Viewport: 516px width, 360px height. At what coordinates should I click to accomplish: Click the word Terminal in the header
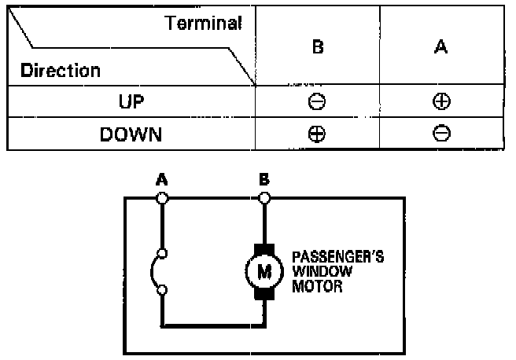click(203, 23)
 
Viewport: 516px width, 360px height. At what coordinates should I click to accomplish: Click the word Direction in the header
click(61, 71)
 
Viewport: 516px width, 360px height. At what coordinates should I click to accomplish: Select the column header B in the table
click(318, 47)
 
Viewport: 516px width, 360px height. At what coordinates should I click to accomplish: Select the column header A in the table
click(441, 47)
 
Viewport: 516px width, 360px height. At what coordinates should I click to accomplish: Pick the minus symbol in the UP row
click(318, 102)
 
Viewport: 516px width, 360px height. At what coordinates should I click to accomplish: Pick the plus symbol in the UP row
click(441, 102)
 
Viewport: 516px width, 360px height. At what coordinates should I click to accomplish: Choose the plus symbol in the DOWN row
click(318, 134)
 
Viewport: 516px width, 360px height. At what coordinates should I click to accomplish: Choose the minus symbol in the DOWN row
click(441, 134)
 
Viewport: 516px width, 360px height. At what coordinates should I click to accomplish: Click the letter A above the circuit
click(163, 180)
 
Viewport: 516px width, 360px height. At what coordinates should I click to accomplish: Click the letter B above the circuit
click(265, 180)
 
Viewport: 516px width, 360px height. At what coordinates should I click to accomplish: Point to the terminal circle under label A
click(163, 199)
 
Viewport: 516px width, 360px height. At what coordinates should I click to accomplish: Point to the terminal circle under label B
click(265, 199)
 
